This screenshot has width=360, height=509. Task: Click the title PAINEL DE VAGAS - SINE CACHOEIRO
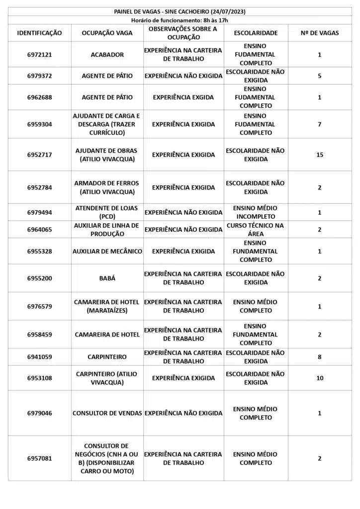click(180, 11)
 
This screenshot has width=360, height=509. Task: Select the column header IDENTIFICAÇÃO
click(40, 33)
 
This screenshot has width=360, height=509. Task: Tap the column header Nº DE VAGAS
click(320, 33)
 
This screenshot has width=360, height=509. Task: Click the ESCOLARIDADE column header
click(256, 33)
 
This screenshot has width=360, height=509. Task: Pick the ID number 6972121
click(40, 55)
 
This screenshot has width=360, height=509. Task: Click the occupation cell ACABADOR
click(107, 55)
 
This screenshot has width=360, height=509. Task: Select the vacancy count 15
click(320, 155)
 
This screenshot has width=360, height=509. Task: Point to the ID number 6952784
click(40, 187)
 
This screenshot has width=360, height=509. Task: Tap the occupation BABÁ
click(107, 278)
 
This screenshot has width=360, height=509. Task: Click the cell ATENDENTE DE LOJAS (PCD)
click(107, 212)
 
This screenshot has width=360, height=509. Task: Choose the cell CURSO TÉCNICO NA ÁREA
click(256, 230)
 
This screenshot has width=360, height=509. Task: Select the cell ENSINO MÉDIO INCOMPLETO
click(256, 212)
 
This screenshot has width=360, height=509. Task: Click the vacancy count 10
click(320, 378)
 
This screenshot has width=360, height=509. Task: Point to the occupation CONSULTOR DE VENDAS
click(107, 413)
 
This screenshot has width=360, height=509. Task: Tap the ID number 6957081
click(40, 458)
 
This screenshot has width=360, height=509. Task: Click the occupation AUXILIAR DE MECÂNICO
click(107, 251)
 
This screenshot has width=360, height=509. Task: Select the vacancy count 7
click(320, 124)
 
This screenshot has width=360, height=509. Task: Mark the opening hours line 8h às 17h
click(180, 20)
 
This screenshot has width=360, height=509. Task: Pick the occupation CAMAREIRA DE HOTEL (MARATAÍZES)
click(107, 306)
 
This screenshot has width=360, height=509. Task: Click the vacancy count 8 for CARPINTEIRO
click(320, 357)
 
